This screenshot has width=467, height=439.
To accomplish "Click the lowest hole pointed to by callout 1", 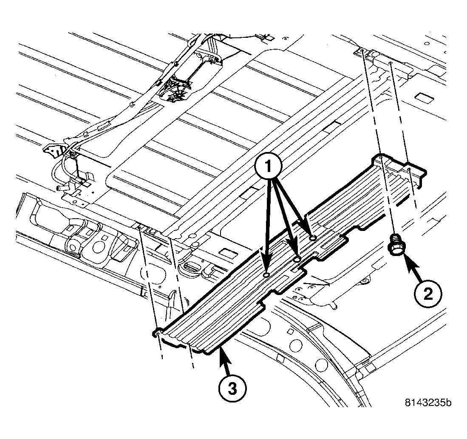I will pyautogui.click(x=266, y=275).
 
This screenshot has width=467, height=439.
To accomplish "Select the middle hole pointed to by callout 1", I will pyautogui.click(x=297, y=259).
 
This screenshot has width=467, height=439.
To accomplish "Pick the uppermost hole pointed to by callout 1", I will pyautogui.click(x=312, y=239).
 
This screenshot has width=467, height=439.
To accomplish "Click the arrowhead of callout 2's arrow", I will pyautogui.click(x=405, y=256).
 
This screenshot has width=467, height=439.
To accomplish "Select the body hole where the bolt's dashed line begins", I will pyautogui.click(x=360, y=51).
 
